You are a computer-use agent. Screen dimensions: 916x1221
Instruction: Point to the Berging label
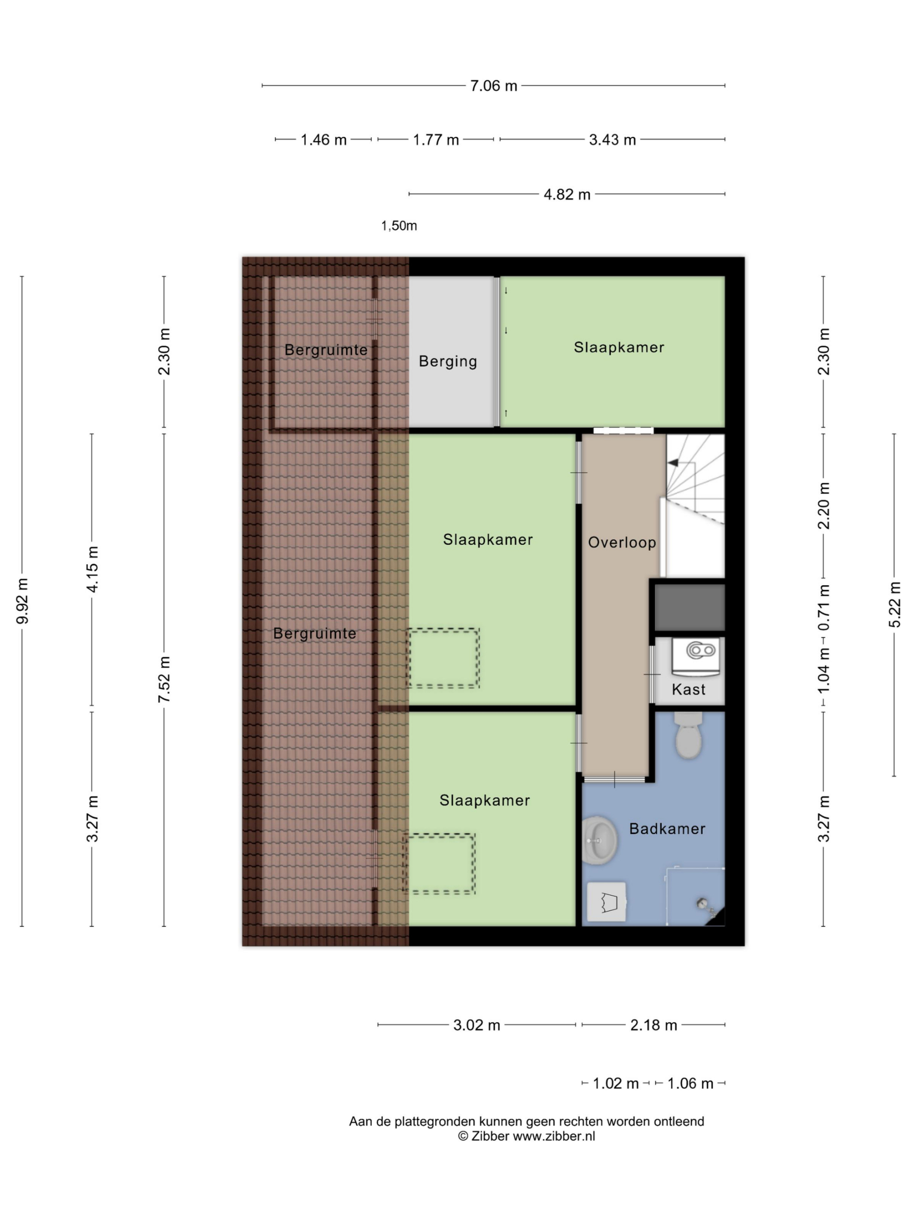pyautogui.click(x=448, y=362)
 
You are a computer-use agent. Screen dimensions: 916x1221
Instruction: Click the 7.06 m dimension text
pyautogui.click(x=494, y=86)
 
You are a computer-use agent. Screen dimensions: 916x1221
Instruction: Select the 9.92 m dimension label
pyautogui.click(x=22, y=601)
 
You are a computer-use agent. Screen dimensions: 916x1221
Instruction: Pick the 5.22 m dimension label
pyautogui.click(x=895, y=604)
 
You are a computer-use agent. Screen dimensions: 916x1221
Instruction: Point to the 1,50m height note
pyautogui.click(x=399, y=226)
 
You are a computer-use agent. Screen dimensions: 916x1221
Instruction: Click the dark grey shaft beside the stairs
pyautogui.click(x=689, y=607)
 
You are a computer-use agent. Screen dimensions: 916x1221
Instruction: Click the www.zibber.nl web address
pyautogui.click(x=554, y=1136)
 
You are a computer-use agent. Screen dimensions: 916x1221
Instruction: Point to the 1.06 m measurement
pyautogui.click(x=690, y=1084)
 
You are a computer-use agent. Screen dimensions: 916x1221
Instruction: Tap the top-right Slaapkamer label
pyautogui.click(x=619, y=347)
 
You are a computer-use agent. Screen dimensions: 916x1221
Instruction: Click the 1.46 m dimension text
pyautogui.click(x=323, y=140)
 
